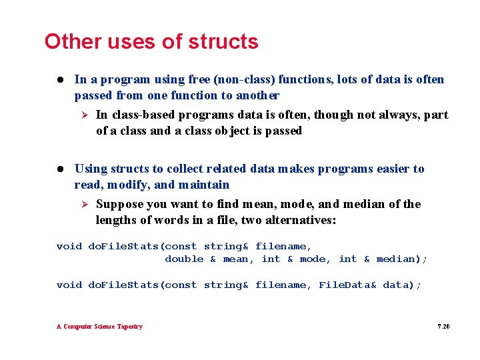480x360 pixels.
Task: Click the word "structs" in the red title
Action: click(x=223, y=41)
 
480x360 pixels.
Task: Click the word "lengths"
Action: click(x=118, y=220)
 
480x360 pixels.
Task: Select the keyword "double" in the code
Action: click(x=184, y=259)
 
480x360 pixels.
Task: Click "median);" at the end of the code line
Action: click(x=402, y=259)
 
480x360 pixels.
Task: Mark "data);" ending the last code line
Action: click(x=402, y=285)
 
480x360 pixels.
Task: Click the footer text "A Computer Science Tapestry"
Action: click(x=99, y=327)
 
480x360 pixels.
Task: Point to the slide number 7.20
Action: click(x=443, y=327)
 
